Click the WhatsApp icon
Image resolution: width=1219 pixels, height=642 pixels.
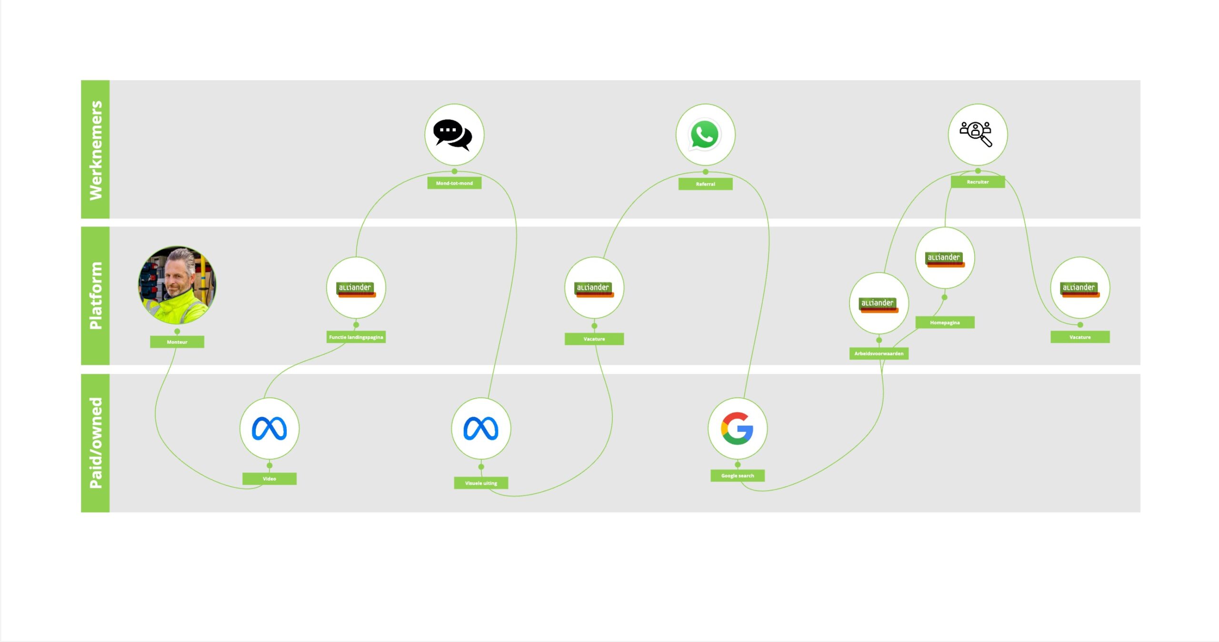tap(705, 135)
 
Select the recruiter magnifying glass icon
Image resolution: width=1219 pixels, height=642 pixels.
tap(976, 134)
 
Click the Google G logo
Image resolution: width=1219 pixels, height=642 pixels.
tap(737, 428)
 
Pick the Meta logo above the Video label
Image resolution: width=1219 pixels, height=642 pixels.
tap(270, 428)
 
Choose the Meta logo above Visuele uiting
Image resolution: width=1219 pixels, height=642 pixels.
tap(481, 428)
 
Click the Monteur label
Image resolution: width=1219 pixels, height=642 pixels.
tap(177, 342)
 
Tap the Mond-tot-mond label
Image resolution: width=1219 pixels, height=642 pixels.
tap(454, 183)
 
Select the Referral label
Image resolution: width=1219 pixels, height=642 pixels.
tap(705, 184)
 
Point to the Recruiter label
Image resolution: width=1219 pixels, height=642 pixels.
tap(978, 182)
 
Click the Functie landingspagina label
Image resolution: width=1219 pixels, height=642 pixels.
tap(356, 337)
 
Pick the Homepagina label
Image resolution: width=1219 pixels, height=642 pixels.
tap(945, 322)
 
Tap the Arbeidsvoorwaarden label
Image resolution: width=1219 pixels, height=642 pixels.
tap(879, 353)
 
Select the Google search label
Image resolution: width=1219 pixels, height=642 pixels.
tap(738, 475)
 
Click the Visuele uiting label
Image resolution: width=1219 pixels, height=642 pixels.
tap(481, 483)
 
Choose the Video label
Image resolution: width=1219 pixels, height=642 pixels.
tap(270, 479)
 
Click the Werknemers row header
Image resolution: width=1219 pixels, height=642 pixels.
tap(96, 150)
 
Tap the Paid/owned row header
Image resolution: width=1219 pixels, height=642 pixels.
tap(96, 443)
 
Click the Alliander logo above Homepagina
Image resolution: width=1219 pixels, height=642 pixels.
tap(945, 259)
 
